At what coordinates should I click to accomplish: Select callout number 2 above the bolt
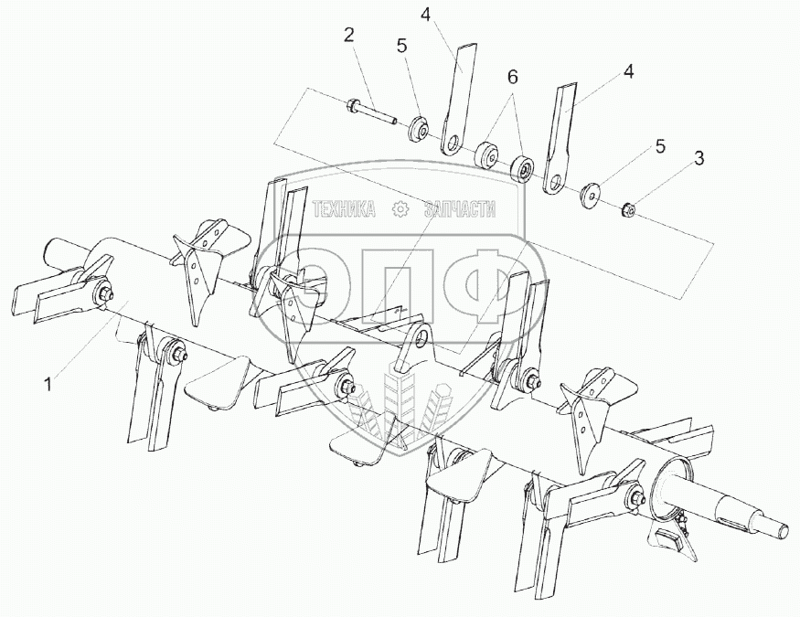348,37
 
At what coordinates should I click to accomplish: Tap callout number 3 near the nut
699,157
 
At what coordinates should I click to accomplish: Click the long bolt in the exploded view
370,112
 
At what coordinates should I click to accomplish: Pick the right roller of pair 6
523,169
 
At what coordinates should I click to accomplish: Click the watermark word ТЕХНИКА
344,211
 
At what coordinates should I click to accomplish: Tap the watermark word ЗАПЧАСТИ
460,211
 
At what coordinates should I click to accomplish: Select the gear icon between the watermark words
400,210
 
